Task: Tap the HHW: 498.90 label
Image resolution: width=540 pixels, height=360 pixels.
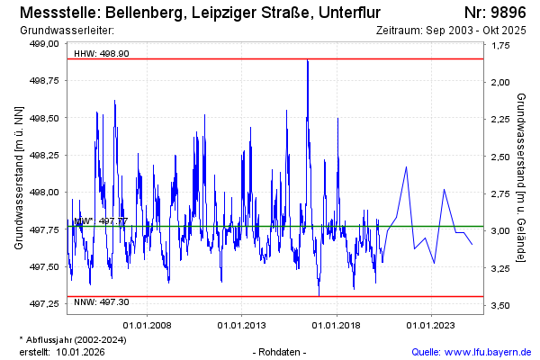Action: click(x=102, y=53)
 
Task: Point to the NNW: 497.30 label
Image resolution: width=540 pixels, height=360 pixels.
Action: click(x=102, y=302)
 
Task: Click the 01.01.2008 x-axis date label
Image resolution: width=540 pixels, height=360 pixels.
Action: click(x=148, y=325)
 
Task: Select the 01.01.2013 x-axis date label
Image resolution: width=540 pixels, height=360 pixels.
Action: click(x=242, y=325)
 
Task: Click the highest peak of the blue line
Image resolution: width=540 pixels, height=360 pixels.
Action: click(x=308, y=60)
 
